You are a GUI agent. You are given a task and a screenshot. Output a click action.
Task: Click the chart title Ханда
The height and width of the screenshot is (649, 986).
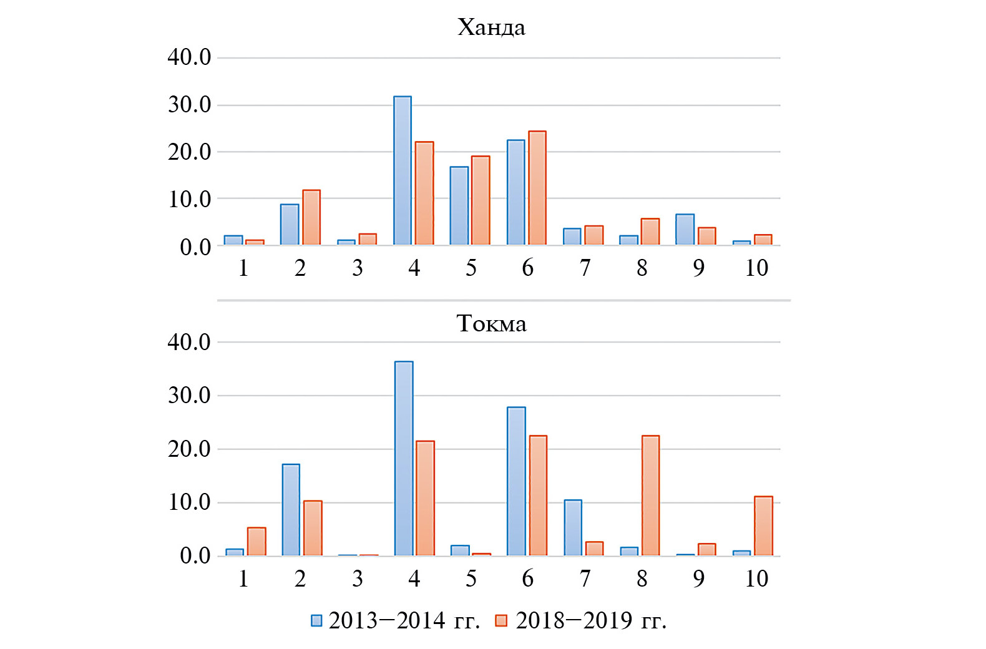coord(491,27)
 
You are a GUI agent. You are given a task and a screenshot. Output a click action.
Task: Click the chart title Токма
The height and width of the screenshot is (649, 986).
coord(491,323)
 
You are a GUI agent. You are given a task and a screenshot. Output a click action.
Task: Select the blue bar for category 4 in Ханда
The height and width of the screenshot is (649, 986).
coord(403,170)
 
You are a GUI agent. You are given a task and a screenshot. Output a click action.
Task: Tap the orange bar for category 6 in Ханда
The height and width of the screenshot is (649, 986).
coord(537,188)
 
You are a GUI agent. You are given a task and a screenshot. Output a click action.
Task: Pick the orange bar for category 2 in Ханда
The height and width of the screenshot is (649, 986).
coord(311,217)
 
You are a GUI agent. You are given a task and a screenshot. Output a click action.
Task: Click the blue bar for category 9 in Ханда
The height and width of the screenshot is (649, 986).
coord(685,229)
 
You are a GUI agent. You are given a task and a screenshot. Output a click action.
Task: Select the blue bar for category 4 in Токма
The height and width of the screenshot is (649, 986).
coord(404,459)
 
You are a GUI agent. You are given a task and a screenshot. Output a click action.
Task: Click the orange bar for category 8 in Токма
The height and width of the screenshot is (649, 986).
coord(650,495)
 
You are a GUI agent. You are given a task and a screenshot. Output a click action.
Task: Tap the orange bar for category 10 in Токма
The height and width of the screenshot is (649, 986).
coord(763,526)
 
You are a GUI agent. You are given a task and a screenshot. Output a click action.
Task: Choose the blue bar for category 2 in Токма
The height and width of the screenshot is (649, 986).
coord(291,510)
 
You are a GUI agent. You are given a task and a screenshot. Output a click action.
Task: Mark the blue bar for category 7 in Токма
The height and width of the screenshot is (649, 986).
coord(573,527)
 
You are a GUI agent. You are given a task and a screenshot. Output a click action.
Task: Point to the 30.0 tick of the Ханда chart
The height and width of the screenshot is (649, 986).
coord(189,105)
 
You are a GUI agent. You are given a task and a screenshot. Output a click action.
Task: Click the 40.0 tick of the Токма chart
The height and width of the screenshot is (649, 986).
coord(189,342)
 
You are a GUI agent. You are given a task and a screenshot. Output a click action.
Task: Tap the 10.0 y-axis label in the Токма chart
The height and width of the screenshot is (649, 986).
coord(189,502)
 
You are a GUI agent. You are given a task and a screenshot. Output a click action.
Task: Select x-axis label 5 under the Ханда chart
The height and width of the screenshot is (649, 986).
coord(471,268)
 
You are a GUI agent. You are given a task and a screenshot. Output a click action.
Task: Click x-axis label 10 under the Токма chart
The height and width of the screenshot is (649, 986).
coord(756,578)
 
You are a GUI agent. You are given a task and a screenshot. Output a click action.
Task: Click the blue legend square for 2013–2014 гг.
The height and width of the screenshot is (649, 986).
coord(316,620)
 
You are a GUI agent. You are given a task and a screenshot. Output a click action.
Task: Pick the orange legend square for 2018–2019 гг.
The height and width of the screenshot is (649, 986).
coord(501,620)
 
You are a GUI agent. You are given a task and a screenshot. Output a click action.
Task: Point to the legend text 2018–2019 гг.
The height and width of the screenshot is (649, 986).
coord(591,620)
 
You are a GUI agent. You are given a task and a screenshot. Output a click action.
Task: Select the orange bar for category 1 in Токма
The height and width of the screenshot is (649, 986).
coord(256,542)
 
